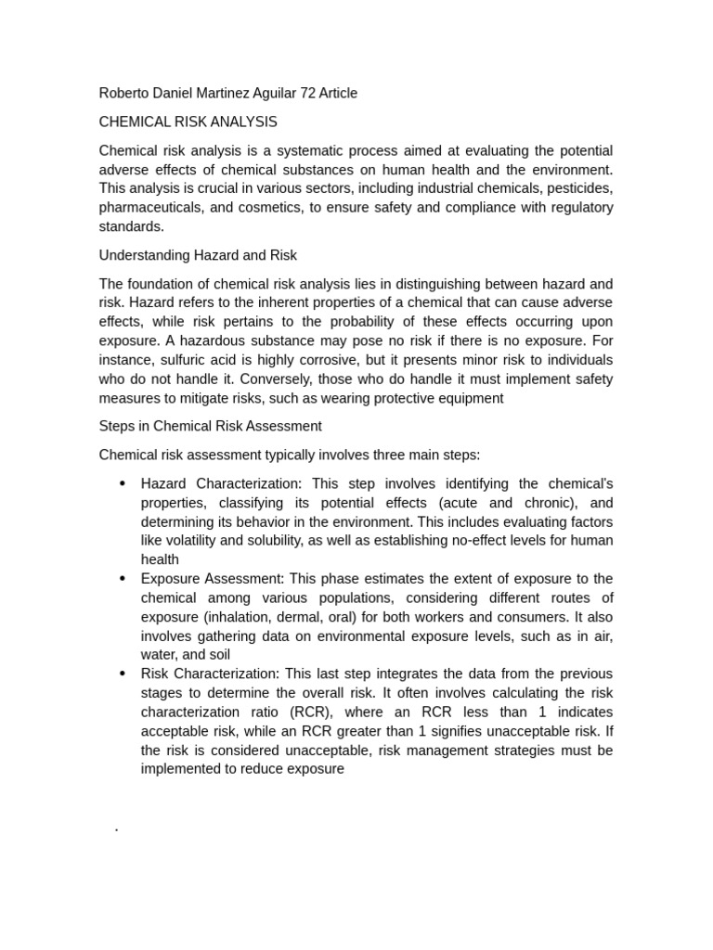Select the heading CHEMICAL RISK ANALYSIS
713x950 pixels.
click(188, 122)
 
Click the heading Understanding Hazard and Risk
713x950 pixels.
click(198, 254)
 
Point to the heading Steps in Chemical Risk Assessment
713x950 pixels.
click(210, 426)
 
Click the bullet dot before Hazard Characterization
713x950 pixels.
click(123, 483)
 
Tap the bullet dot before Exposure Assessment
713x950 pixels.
click(123, 579)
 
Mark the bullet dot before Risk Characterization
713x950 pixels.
click(123, 674)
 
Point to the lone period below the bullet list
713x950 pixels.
click(116, 828)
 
